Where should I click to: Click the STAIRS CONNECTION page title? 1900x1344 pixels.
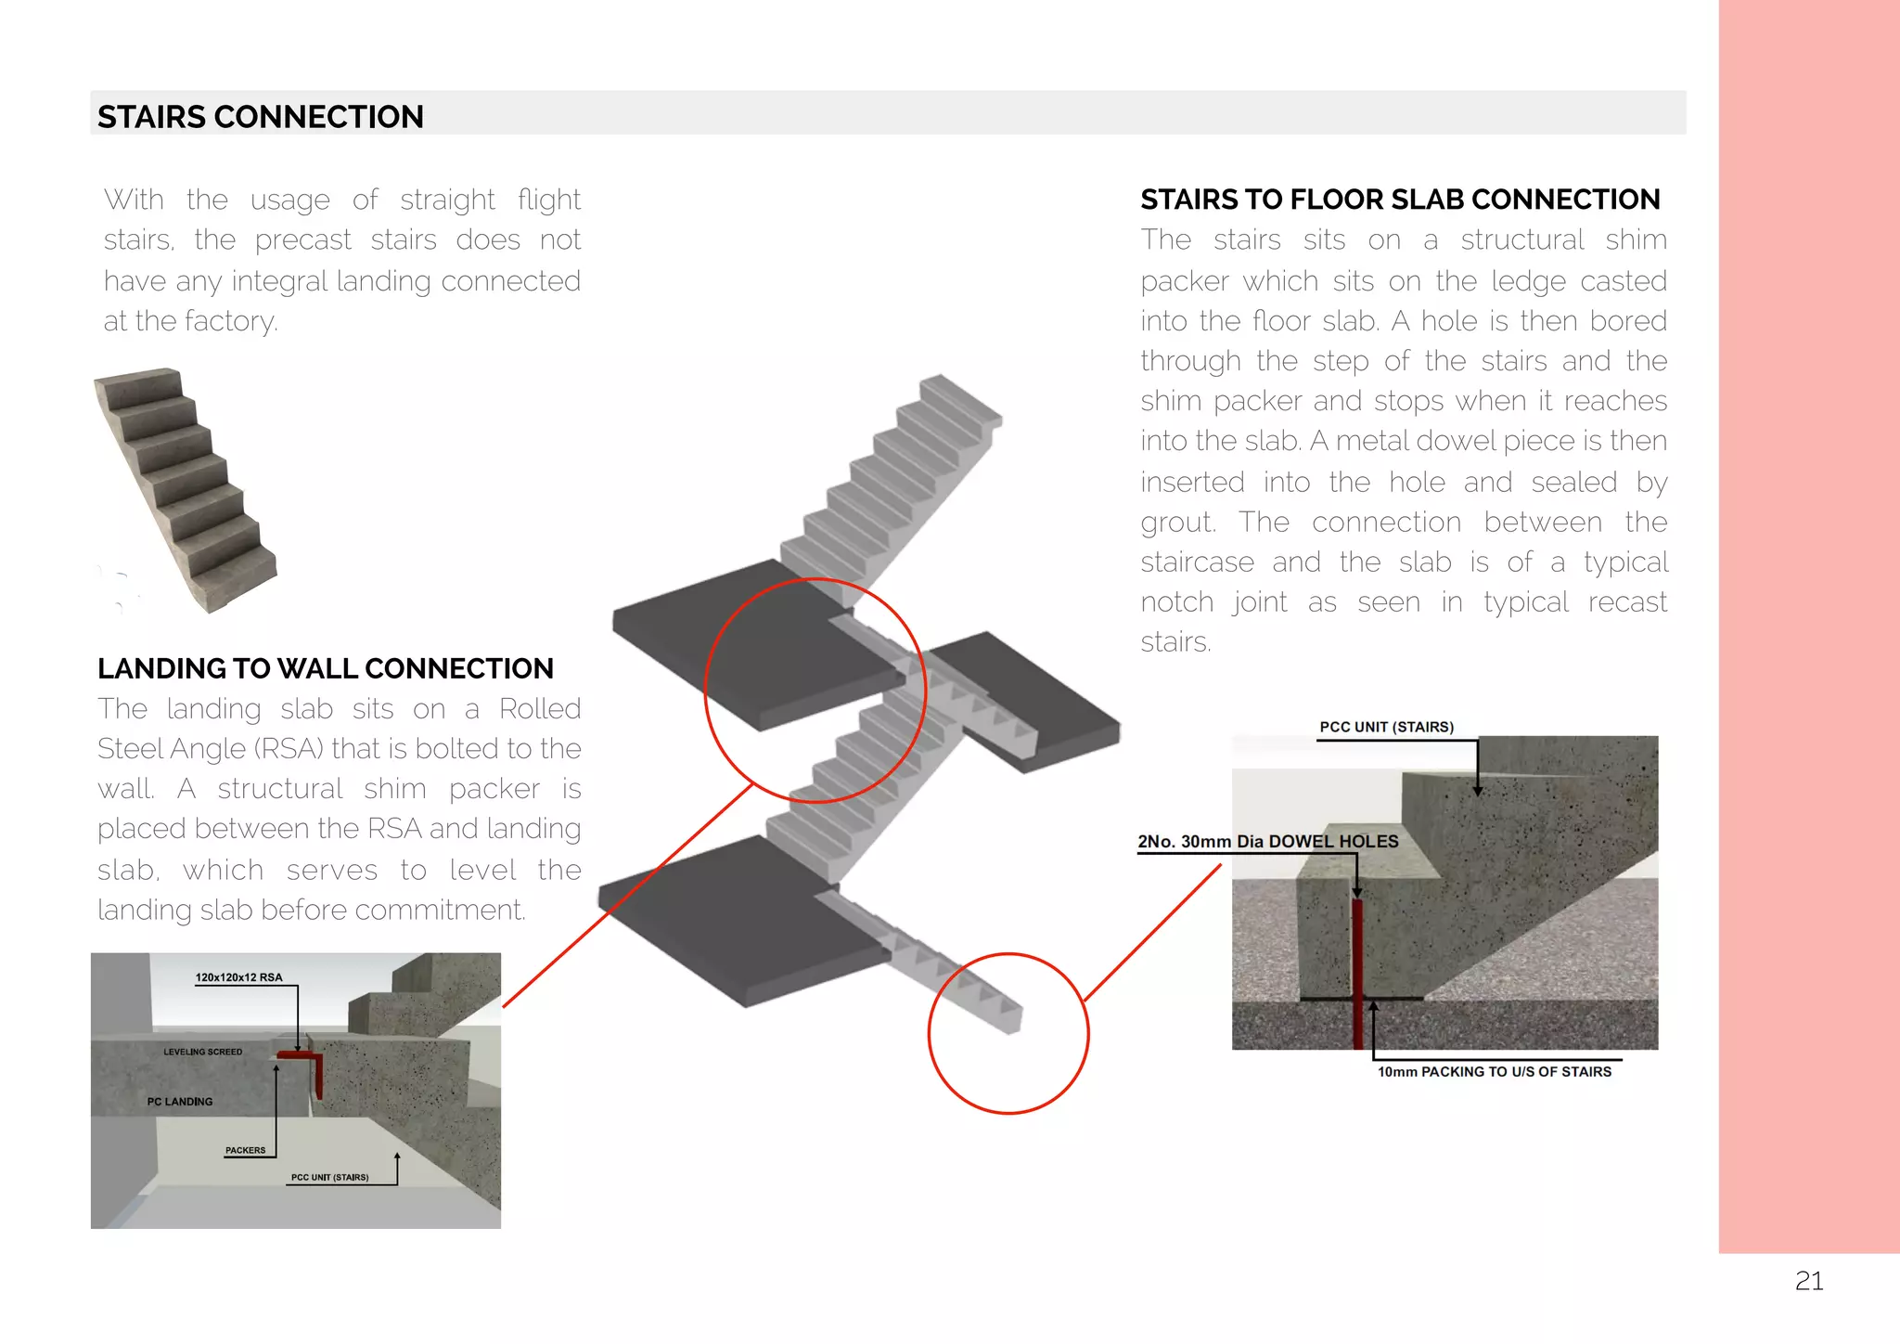[260, 117]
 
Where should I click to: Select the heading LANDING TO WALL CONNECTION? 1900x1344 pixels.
[325, 668]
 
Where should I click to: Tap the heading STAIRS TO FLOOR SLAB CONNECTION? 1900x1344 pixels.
[1399, 200]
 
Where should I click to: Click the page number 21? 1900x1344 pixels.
[1808, 1281]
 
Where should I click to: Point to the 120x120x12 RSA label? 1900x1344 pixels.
[238, 977]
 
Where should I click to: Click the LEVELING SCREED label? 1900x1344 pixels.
[202, 1052]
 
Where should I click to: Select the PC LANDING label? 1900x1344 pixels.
[179, 1102]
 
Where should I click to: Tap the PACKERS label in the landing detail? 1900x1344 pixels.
[245, 1150]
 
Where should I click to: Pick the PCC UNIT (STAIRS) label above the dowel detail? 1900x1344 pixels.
[1386, 727]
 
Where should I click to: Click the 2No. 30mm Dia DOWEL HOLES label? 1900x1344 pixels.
[1267, 841]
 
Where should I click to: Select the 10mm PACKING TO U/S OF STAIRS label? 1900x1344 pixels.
[1494, 1071]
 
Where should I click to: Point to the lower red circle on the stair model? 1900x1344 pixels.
[1008, 1033]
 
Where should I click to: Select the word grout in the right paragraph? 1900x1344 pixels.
[1175, 523]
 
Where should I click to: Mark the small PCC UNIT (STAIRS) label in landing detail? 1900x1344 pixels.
[329, 1177]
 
